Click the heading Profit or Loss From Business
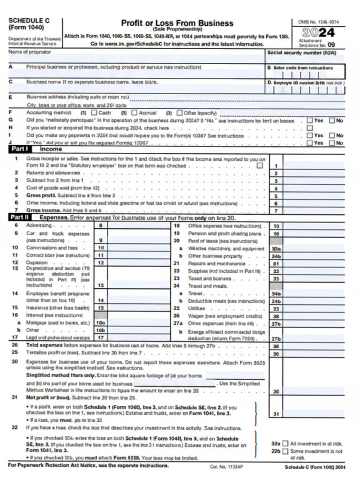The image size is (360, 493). (177, 23)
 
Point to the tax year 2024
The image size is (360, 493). (318, 33)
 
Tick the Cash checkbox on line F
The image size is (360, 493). (94, 113)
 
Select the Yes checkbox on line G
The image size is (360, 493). (309, 120)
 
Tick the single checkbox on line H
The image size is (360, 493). (309, 128)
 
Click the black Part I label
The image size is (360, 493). (21, 149)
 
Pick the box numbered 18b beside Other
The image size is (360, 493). (101, 330)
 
